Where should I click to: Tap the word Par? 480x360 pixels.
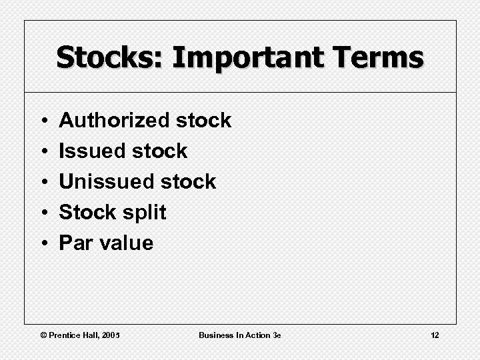[x=76, y=243]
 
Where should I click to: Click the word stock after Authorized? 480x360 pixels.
[x=203, y=121]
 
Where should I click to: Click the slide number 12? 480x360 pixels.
[x=435, y=335]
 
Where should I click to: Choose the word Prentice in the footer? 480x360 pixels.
[x=66, y=335]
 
